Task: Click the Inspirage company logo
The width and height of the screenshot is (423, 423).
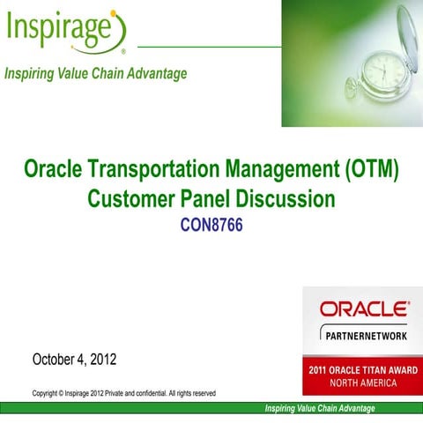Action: pyautogui.click(x=67, y=30)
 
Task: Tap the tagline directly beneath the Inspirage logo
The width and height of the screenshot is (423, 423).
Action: pyautogui.click(x=96, y=73)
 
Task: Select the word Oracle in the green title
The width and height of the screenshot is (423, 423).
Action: pyautogui.click(x=54, y=169)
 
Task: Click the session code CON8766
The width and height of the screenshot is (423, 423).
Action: pyautogui.click(x=211, y=226)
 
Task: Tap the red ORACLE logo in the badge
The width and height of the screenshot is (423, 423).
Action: pyautogui.click(x=363, y=309)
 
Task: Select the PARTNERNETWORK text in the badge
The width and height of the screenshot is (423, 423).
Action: pyautogui.click(x=363, y=335)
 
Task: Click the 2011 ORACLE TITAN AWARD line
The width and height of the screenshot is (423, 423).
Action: pyautogui.click(x=362, y=370)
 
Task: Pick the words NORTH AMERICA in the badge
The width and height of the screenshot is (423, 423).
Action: pyautogui.click(x=362, y=383)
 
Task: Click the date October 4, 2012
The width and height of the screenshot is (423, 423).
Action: pyautogui.click(x=74, y=360)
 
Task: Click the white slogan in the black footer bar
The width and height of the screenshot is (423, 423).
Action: pyautogui.click(x=320, y=408)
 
